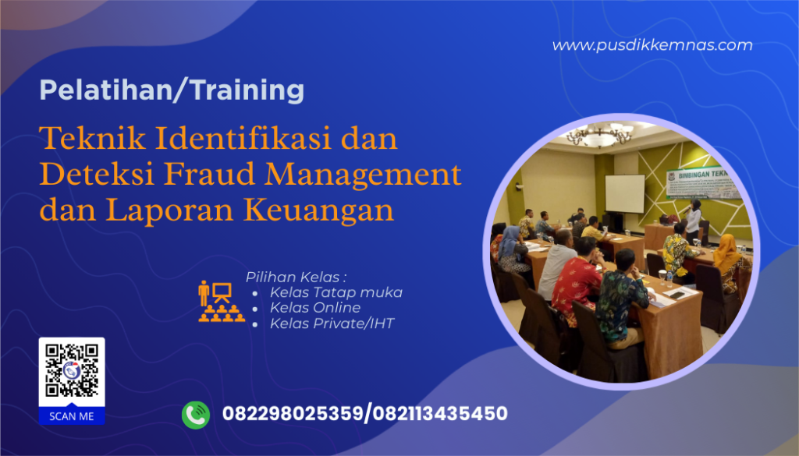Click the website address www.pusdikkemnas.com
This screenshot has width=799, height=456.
click(652, 45)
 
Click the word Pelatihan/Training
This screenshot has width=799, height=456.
click(172, 91)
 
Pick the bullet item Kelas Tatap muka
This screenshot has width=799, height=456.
click(336, 292)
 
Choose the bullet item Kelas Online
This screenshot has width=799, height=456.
click(314, 307)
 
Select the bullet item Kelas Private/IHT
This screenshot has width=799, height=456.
click(332, 322)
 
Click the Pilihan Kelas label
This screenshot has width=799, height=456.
click(296, 277)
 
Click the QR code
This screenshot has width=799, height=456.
click(72, 371)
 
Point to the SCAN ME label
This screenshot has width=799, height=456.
click(72, 416)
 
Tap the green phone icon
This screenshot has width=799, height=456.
click(196, 414)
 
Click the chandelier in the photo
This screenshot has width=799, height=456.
click(599, 136)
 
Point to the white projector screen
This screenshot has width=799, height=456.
click(625, 193)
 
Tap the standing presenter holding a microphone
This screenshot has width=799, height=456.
click(692, 221)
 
